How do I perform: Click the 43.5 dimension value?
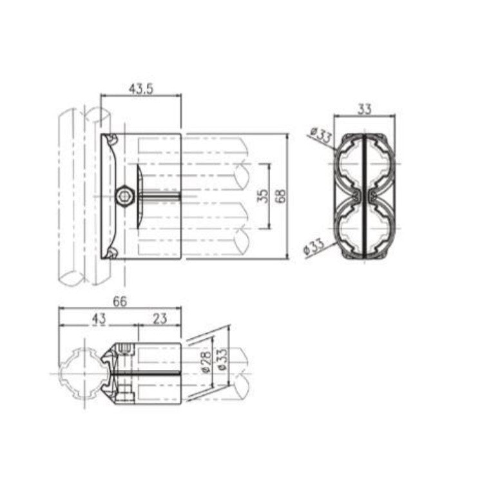pyautogui.click(x=141, y=90)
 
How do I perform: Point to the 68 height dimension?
pyautogui.click(x=280, y=195)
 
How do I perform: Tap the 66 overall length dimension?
pyautogui.click(x=120, y=301)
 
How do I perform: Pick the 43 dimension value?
pyautogui.click(x=98, y=318)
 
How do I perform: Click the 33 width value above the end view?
pyautogui.click(x=365, y=110)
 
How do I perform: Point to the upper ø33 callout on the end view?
pyautogui.click(x=320, y=137)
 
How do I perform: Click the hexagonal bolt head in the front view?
pyautogui.click(x=124, y=195)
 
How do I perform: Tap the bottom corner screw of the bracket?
pyautogui.click(x=112, y=253)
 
